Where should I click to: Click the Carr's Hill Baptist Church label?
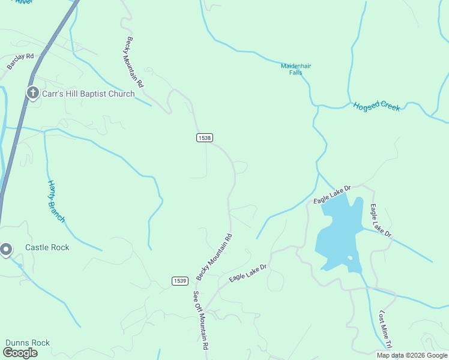click(88, 94)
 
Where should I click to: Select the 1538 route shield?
click(204, 138)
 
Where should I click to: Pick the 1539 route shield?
click(179, 281)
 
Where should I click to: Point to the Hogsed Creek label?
click(376, 106)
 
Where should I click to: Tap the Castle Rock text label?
click(47, 247)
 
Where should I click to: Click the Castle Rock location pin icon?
click(6, 249)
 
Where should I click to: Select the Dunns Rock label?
click(28, 343)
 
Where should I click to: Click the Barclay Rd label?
click(20, 61)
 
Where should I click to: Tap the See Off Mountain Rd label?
click(200, 320)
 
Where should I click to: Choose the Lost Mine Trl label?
click(385, 329)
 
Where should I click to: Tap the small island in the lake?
click(349, 259)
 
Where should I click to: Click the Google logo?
click(20, 353)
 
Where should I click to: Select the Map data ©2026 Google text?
click(412, 355)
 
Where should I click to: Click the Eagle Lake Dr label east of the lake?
click(381, 220)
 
